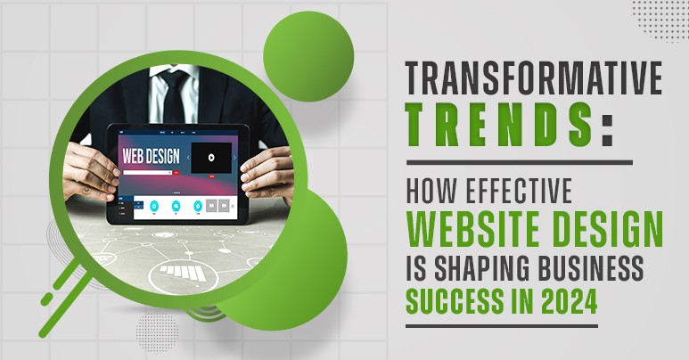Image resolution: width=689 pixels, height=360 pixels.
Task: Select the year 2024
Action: point(567,301)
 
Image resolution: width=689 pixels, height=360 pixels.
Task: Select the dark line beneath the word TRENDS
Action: point(519,162)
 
